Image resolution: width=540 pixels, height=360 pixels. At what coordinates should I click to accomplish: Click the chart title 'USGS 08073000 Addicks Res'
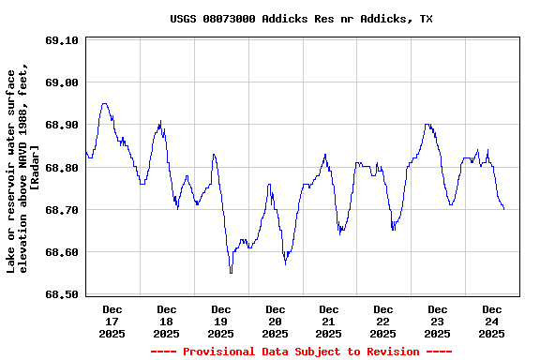(301, 19)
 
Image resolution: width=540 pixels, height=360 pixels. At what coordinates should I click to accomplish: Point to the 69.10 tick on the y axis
(61, 40)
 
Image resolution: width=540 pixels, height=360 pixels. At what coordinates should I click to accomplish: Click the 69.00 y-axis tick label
(61, 82)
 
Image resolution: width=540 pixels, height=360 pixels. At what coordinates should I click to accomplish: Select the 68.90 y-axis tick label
(61, 125)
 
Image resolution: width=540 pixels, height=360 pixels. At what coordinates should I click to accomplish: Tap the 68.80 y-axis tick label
(61, 168)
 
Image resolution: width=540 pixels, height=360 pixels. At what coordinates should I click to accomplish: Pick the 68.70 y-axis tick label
(61, 210)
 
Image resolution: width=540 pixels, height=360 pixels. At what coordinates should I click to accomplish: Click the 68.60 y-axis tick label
(61, 252)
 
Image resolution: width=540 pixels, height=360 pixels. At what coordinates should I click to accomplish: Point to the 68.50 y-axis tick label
(61, 294)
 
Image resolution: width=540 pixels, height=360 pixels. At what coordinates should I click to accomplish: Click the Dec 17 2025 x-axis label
(112, 321)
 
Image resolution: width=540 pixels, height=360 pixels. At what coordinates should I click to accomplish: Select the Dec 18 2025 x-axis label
(167, 321)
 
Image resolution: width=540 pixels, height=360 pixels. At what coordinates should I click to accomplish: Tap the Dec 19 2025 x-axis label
(221, 321)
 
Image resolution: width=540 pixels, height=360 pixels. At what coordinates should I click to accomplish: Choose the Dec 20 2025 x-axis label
(275, 321)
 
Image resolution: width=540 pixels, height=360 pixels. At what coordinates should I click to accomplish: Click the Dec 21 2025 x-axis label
(329, 321)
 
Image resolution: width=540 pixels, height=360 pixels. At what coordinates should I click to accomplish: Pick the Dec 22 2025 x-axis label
(382, 321)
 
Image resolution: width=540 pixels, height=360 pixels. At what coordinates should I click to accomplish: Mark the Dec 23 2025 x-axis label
(437, 321)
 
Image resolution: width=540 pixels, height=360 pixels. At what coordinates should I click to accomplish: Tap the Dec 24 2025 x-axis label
(491, 321)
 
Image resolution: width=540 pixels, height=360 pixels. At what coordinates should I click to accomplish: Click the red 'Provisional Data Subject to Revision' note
(301, 352)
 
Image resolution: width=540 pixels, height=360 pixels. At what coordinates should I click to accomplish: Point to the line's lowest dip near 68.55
(231, 272)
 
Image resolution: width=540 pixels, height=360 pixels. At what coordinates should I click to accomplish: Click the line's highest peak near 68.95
(104, 104)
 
